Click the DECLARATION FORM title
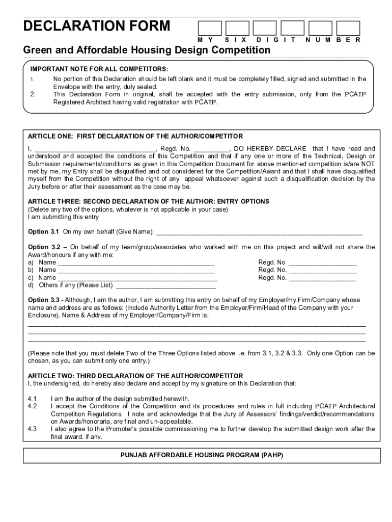click(x=97, y=27)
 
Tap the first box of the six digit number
click(x=209, y=28)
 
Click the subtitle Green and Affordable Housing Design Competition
click(x=147, y=50)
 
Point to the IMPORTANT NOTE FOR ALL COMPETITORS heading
click(x=99, y=69)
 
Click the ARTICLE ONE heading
click(x=135, y=136)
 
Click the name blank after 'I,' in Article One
click(x=95, y=149)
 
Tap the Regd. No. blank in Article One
click(x=212, y=149)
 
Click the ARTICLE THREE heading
click(x=148, y=201)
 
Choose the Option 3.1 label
click(x=44, y=232)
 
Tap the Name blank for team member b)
click(x=136, y=270)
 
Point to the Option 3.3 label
click(x=44, y=300)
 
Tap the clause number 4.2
click(x=33, y=406)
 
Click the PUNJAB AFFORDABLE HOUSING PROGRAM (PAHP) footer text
click(x=202, y=455)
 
